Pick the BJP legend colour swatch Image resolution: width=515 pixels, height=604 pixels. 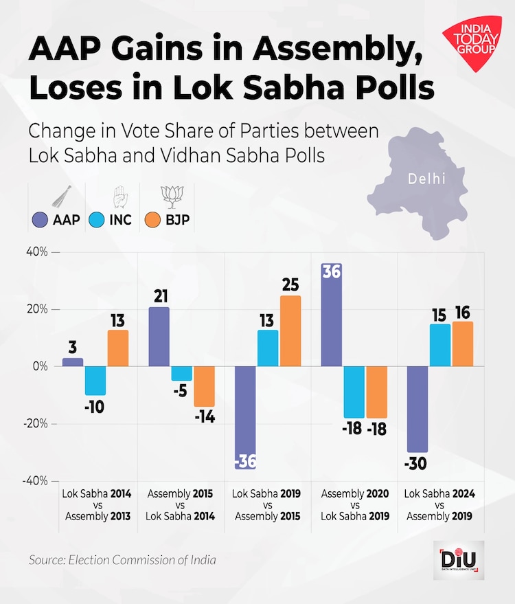click(154, 221)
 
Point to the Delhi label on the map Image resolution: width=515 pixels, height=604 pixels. click(426, 179)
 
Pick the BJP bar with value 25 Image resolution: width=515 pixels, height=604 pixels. click(290, 331)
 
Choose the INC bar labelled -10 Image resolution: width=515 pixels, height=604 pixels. click(95, 381)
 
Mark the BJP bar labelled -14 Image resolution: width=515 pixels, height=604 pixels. click(204, 386)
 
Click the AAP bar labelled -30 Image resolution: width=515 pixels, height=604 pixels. click(417, 409)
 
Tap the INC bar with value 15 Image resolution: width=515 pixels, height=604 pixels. click(439, 345)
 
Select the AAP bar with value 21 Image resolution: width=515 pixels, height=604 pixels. click(159, 337)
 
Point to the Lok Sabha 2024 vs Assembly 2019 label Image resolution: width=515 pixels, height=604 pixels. click(439, 505)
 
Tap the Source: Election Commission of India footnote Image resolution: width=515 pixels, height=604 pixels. click(122, 560)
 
